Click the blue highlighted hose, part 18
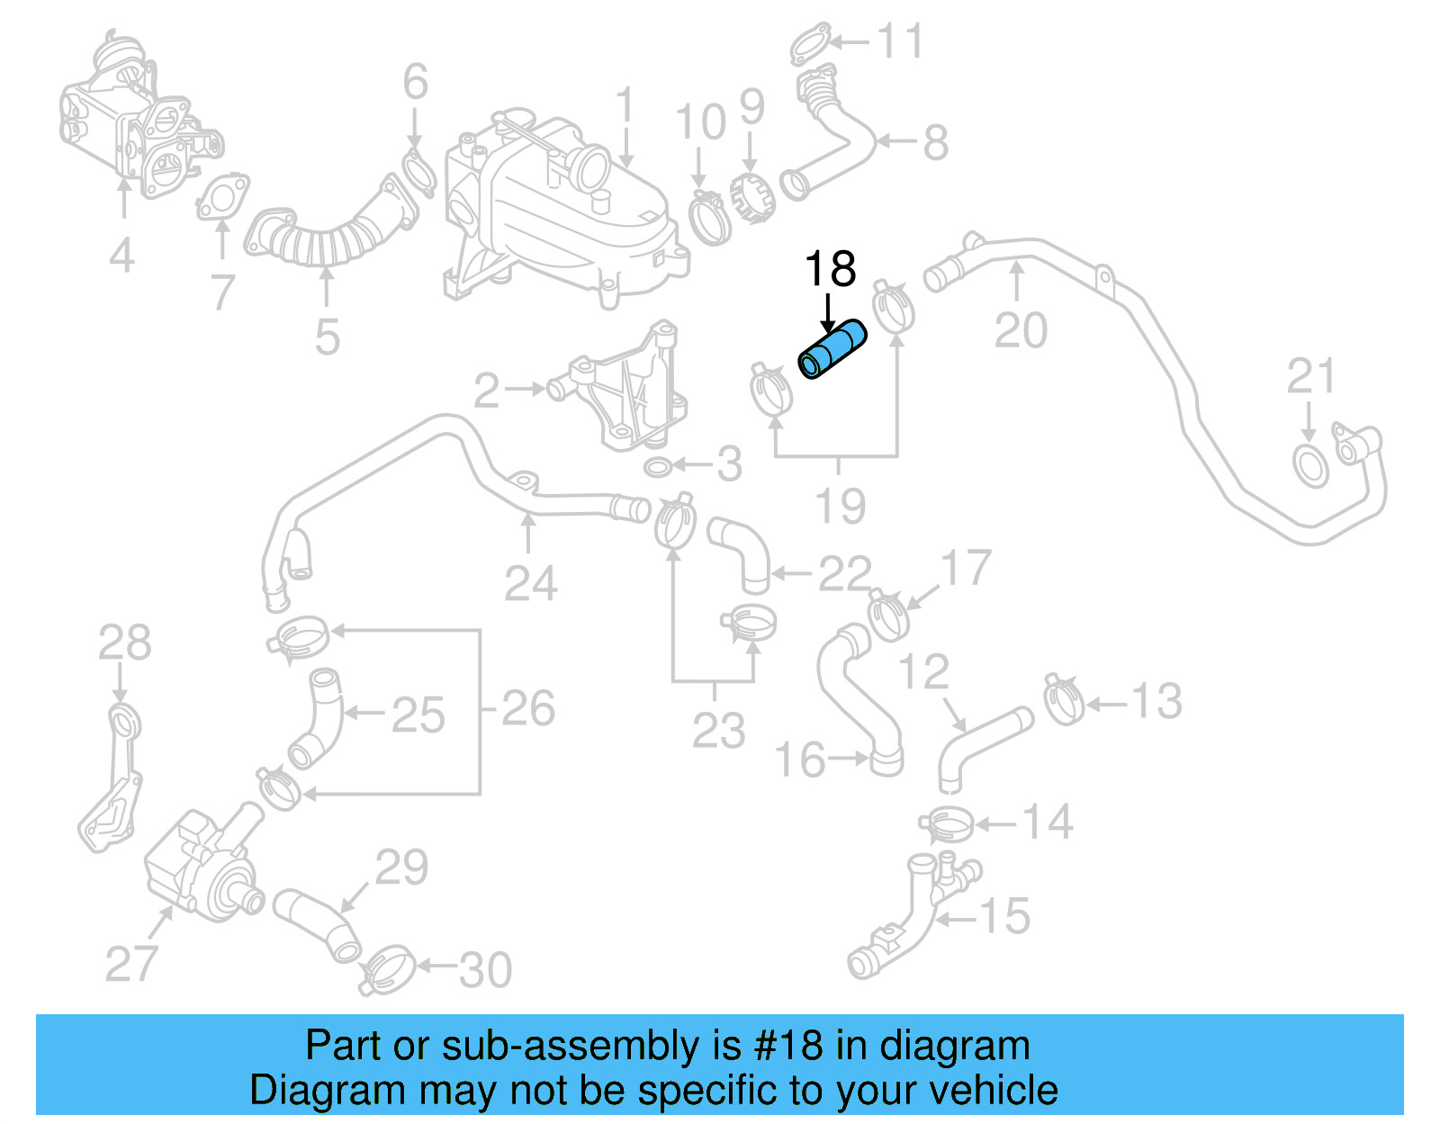pos(833,350)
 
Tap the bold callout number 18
pos(829,269)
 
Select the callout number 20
pos(1021,330)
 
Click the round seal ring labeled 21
pos(1310,465)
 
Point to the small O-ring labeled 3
pos(658,467)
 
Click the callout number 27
pos(131,964)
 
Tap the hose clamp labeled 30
pos(388,970)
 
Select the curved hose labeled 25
pos(317,717)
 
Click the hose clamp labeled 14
pos(946,823)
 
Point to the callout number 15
pos(1004,917)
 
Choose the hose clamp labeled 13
pos(1064,698)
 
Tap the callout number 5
pos(327,337)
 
